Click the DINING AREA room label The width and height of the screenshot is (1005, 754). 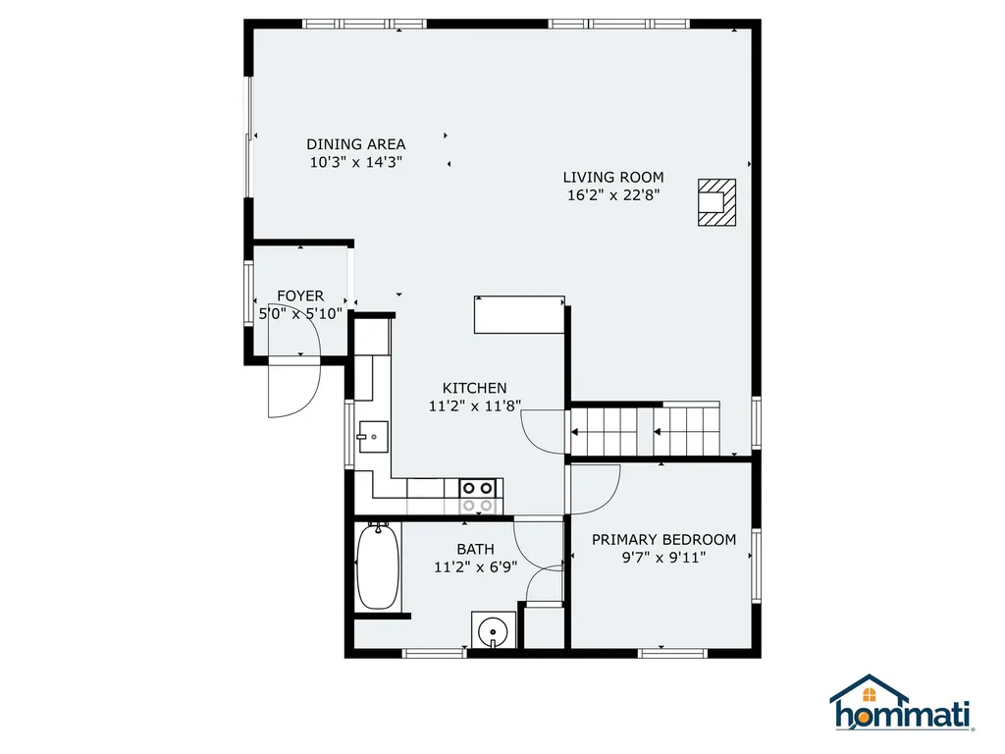click(x=355, y=144)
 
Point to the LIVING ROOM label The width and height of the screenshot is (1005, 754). click(x=612, y=177)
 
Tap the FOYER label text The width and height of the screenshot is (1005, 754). click(x=299, y=296)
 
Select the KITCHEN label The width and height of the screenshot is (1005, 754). click(x=474, y=388)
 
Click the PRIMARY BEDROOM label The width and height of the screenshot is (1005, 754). click(x=663, y=539)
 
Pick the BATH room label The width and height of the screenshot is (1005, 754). click(x=475, y=549)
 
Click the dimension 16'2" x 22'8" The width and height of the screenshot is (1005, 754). click(x=613, y=194)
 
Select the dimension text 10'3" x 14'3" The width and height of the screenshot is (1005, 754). click(x=355, y=162)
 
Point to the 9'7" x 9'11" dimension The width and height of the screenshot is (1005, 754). click(x=663, y=557)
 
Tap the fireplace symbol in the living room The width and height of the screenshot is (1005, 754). click(x=715, y=202)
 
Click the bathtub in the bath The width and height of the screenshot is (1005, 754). click(x=377, y=566)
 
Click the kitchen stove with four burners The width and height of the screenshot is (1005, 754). click(x=477, y=496)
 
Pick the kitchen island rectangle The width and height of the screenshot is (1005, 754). click(x=518, y=314)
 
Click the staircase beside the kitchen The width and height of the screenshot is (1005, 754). click(x=648, y=430)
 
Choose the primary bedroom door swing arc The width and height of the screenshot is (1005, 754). click(x=595, y=488)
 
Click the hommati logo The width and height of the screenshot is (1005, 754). click(x=900, y=704)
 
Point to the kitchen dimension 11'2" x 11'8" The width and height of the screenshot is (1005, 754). click(x=474, y=405)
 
